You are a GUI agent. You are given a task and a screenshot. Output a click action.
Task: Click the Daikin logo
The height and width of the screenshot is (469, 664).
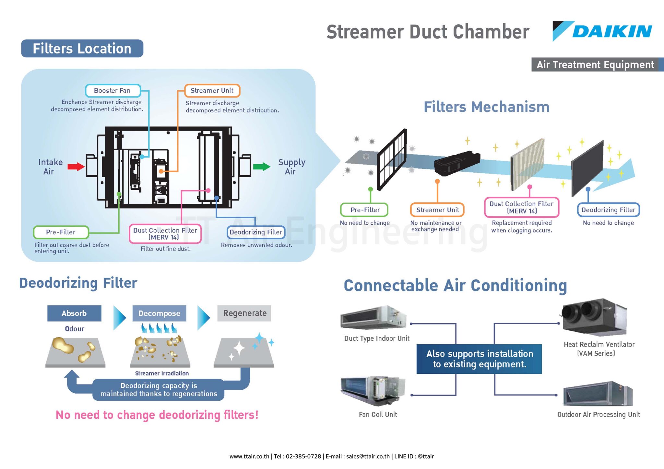coord(602,31)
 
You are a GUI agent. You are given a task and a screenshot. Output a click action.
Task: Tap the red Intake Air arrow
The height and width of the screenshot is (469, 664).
coord(76,167)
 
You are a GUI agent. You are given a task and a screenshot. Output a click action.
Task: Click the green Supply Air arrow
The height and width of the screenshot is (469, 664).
coord(261,167)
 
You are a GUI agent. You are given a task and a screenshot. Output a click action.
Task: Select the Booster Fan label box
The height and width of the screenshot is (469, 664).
coord(113,91)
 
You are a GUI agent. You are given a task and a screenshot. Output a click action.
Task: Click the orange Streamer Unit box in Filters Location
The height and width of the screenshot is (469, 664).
coord(212,91)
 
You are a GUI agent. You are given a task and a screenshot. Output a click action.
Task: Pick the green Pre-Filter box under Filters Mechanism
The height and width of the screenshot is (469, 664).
coord(364,210)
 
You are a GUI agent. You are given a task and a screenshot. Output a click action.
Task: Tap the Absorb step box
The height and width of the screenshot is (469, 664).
coord(74,313)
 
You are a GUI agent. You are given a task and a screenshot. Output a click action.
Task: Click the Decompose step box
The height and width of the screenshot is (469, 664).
coord(159,313)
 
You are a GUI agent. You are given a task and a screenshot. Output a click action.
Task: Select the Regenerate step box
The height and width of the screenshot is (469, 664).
coord(244,313)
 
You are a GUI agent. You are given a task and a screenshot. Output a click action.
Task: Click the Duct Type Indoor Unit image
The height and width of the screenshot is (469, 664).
coord(373,317)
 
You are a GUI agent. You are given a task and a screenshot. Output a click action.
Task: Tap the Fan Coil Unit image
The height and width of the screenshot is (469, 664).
coord(373,390)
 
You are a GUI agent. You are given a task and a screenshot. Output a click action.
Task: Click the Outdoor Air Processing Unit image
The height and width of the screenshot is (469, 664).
coord(598,394)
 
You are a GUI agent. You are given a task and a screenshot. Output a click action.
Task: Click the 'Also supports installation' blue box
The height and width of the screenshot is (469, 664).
coord(479,359)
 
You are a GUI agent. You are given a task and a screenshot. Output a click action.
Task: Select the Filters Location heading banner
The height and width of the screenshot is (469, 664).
coord(82,49)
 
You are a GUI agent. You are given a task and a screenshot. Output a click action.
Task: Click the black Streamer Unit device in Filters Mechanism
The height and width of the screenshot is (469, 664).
coord(456,163)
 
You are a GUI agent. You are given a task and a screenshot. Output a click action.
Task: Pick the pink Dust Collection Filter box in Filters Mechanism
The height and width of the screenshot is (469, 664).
coord(521,207)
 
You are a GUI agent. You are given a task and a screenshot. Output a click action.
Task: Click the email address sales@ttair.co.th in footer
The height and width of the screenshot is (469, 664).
coord(368,456)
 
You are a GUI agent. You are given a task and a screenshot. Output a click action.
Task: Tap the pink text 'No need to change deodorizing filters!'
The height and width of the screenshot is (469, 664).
coord(157,415)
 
